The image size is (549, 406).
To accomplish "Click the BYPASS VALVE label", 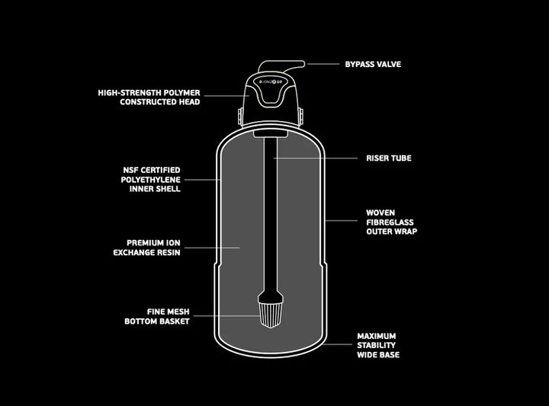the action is (373, 64).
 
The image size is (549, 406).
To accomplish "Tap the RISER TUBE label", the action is (389, 158).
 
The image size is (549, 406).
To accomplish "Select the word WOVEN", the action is (380, 213).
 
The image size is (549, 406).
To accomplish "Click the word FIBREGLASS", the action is (390, 222).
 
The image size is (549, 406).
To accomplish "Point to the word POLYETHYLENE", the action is (150, 180).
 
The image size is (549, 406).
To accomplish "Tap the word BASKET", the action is (173, 321).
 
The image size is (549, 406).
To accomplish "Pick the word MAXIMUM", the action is (377, 336).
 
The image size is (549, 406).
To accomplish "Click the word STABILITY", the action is (377, 346).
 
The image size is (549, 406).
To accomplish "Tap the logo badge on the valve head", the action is (273, 82).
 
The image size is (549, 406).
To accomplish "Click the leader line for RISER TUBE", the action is (316, 158).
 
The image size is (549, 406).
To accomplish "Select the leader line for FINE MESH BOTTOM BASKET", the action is (227, 316).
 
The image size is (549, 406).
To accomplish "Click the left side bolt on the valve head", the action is (240, 116).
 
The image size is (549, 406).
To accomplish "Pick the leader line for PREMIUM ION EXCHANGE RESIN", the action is (212, 248).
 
